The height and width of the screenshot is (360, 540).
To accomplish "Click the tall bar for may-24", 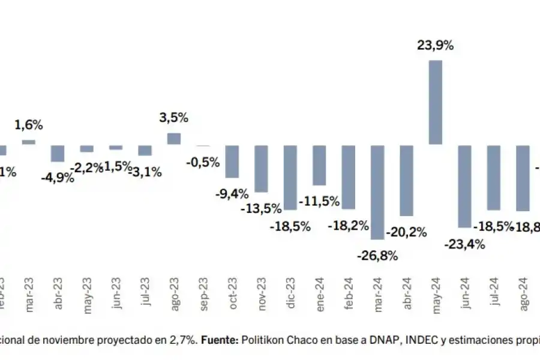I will (436, 102).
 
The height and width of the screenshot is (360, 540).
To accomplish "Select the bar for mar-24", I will (377, 192).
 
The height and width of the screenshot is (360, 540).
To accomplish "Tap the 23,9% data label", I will (435, 44).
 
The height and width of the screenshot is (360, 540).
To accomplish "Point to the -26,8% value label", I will (377, 256).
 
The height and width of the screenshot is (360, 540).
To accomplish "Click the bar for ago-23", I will (173, 139).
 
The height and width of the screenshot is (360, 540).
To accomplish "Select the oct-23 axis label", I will (233, 295).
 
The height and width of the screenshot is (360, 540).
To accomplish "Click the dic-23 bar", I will (290, 177).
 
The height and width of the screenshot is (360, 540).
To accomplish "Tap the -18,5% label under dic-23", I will (290, 226).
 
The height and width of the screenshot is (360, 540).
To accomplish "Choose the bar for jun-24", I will (464, 186).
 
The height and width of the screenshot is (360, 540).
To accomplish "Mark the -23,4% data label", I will (465, 244).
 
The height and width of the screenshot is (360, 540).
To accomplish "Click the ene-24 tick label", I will (320, 295).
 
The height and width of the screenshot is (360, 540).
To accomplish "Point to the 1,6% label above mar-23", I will (29, 125).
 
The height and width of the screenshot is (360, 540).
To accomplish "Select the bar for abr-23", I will (58, 153).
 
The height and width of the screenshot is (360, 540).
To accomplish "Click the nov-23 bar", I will (261, 168).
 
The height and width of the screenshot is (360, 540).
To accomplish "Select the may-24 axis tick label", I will (436, 295).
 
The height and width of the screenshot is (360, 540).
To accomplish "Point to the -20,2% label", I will (406, 231).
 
